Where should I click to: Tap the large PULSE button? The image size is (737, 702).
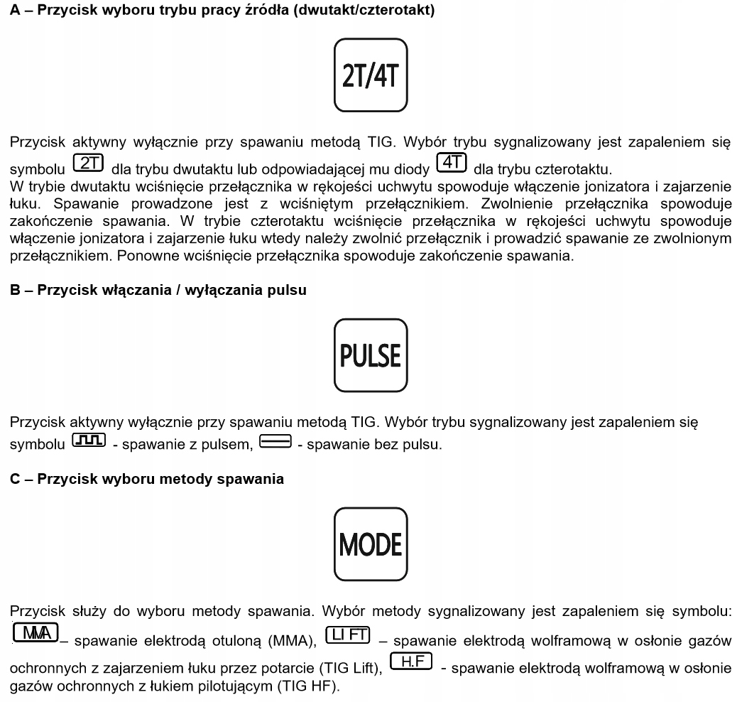[x=368, y=353]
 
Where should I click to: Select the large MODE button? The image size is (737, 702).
[x=368, y=546]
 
